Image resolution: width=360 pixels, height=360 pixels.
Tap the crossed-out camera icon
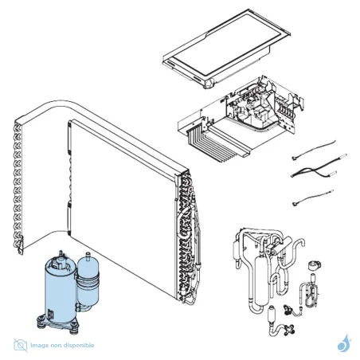pos(21,345)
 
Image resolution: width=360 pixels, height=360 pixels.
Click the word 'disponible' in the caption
pos(80,346)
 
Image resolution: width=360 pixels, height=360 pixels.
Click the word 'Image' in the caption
pos(39,346)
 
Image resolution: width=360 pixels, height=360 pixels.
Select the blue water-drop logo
pos(344,343)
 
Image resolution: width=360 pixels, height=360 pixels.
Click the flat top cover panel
pos(226,49)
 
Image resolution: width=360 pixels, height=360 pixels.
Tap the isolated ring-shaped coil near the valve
pos(315,265)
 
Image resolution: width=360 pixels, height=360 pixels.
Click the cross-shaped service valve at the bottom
pos(290,328)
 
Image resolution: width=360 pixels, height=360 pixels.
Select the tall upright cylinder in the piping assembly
pos(261,279)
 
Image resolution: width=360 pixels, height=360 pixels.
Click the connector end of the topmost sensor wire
pos(294,158)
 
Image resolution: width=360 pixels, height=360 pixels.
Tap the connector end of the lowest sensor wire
pos(295,204)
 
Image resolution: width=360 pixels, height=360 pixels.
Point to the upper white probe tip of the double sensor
pos(342,156)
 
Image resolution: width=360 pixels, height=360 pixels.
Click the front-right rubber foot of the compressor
pos(74,330)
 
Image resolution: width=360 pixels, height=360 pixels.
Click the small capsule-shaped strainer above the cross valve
pos(272,314)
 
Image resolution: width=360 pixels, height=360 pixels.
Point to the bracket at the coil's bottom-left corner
pos(20,245)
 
